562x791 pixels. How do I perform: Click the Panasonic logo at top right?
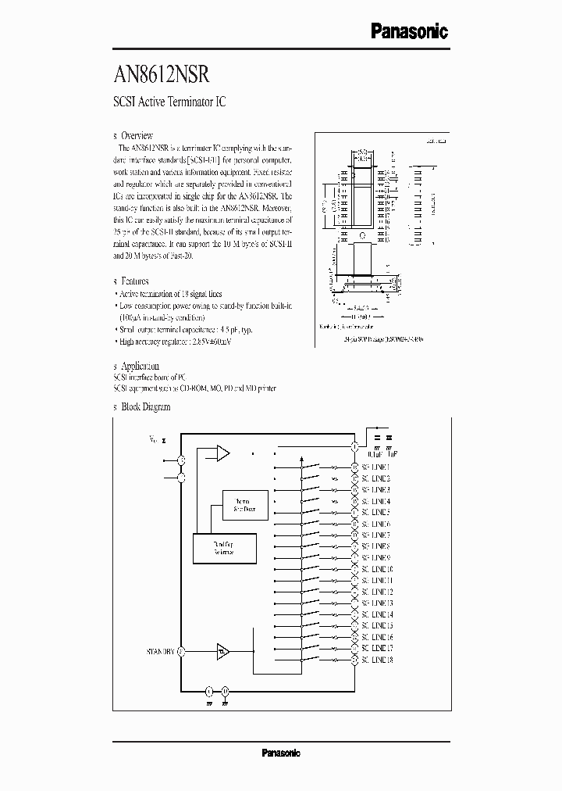[x=408, y=30]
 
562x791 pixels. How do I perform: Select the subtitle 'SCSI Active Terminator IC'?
[x=169, y=102]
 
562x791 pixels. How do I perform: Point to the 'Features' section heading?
[x=135, y=281]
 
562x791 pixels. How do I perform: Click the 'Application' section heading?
[x=140, y=366]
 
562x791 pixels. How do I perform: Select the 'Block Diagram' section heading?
[x=145, y=406]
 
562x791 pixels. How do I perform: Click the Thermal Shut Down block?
[x=245, y=506]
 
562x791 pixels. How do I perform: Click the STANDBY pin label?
[x=160, y=650]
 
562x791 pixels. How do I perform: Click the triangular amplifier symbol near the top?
[x=222, y=453]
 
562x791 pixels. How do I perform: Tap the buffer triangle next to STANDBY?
[x=223, y=650]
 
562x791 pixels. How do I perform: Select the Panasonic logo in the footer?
[x=280, y=753]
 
